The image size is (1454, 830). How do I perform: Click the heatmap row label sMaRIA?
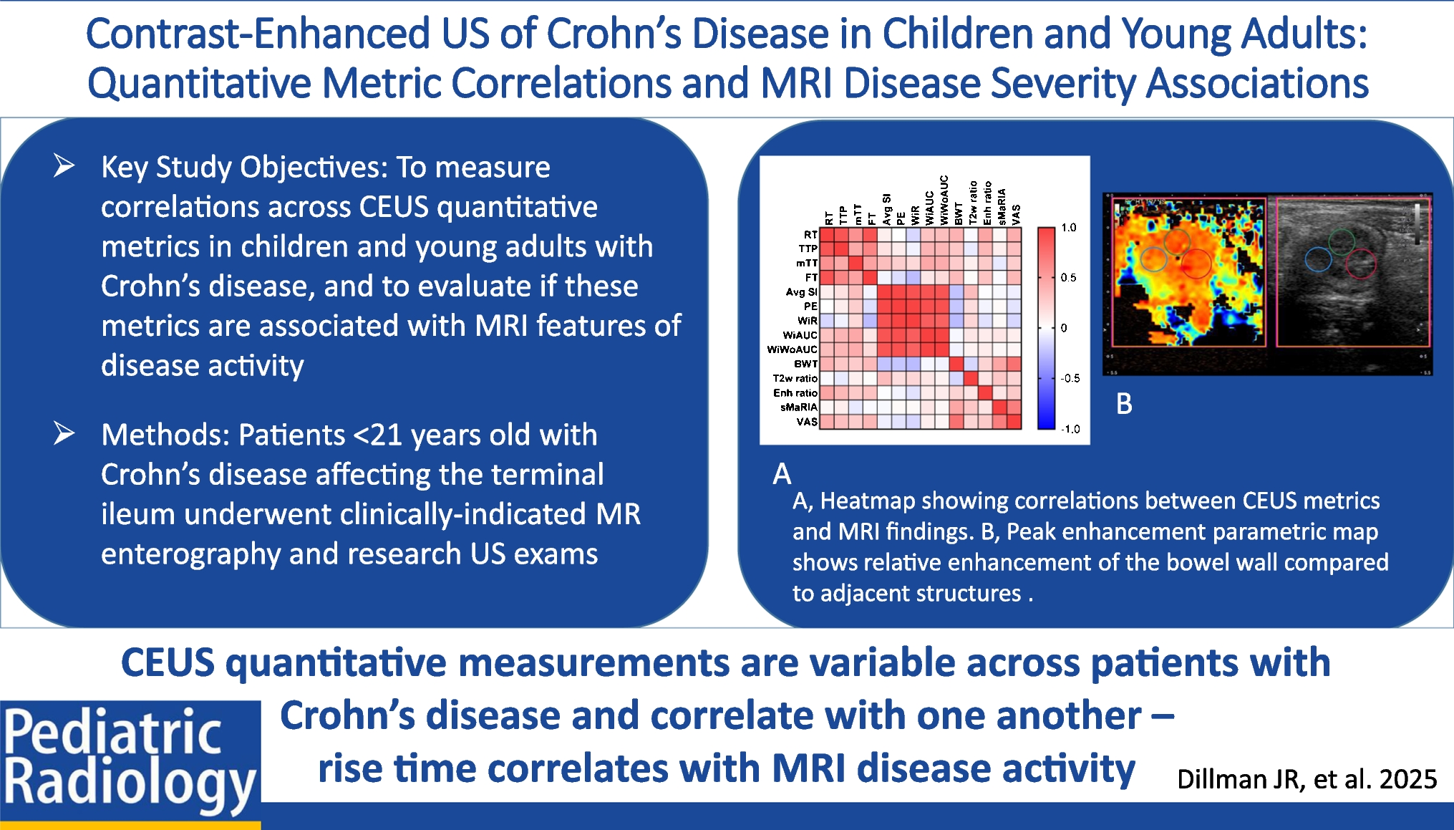tap(798, 407)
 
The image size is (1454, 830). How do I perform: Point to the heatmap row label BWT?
tap(805, 364)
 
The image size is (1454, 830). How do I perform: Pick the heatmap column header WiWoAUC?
tap(944, 200)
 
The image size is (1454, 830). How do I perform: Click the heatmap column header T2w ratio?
tap(973, 203)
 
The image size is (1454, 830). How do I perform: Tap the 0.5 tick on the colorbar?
tap(1068, 278)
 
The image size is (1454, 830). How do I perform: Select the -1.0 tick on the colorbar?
tap(1070, 429)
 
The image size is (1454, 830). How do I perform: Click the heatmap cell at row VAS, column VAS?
tap(1014, 422)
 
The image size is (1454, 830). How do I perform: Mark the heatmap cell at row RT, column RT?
tap(827, 234)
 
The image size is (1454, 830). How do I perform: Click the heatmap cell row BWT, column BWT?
tap(956, 364)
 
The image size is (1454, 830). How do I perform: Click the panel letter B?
tap(1124, 405)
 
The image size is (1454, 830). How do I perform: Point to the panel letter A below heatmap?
tap(782, 474)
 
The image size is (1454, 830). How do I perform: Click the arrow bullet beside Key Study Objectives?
tap(64, 165)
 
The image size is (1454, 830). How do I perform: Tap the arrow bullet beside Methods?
tap(64, 433)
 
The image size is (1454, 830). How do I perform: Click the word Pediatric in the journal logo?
tap(113, 733)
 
